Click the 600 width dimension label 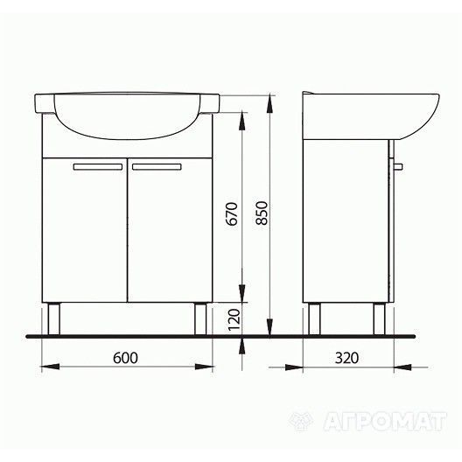coord(125,358)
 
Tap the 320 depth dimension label coord(346,358)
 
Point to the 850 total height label coord(262,213)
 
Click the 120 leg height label coord(234,319)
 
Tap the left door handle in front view coord(98,167)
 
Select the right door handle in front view coord(157,167)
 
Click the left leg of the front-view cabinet coord(54,318)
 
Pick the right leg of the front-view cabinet coord(200,318)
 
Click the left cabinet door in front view coord(85,230)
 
